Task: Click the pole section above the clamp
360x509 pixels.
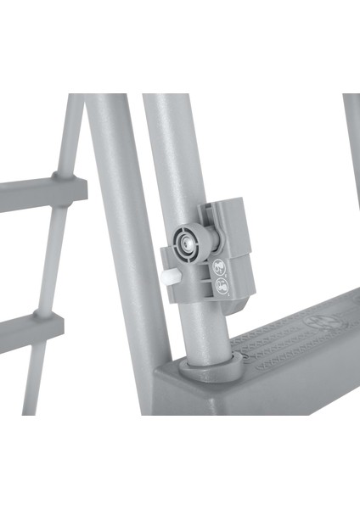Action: point(170,153)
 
